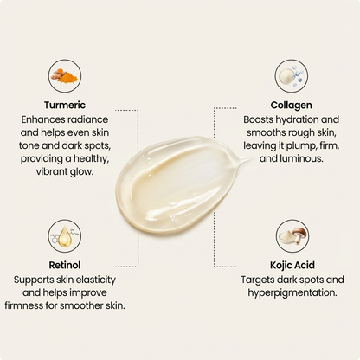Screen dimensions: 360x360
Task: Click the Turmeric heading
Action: (x=65, y=105)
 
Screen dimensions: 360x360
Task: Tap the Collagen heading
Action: (x=291, y=106)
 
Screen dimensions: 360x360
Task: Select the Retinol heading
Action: (x=65, y=265)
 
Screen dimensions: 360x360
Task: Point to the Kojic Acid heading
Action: (x=292, y=265)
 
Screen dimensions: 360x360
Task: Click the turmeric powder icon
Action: (x=65, y=76)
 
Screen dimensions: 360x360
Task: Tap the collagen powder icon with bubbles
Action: (x=292, y=76)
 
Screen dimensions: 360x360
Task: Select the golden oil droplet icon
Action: (x=65, y=236)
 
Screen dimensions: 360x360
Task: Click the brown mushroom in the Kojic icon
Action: (x=299, y=235)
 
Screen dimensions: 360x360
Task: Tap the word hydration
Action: (x=297, y=119)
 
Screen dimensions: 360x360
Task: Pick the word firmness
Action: (x=23, y=305)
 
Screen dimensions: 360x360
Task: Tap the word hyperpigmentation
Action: (x=292, y=293)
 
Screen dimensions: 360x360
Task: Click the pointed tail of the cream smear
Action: (x=248, y=159)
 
